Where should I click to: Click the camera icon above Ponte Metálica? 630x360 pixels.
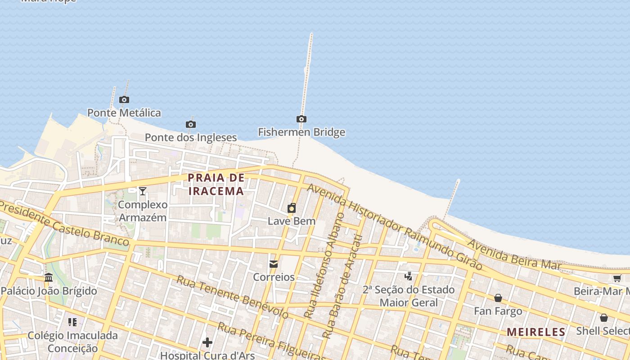click(x=124, y=100)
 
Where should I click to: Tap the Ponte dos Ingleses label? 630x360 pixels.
click(x=191, y=137)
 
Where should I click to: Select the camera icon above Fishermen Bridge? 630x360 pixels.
click(x=301, y=119)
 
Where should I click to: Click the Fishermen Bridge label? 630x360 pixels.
click(x=301, y=132)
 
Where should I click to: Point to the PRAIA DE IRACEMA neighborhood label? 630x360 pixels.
click(x=216, y=184)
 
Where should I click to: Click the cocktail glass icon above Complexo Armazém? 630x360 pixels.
click(x=143, y=191)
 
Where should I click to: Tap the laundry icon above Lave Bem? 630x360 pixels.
click(x=292, y=208)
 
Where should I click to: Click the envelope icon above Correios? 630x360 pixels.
click(x=274, y=264)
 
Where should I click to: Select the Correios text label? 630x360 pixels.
click(x=274, y=277)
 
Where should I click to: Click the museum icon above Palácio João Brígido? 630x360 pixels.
click(x=49, y=277)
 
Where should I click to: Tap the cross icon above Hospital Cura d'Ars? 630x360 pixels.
click(x=207, y=343)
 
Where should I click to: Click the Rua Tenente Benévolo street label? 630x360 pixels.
click(x=232, y=297)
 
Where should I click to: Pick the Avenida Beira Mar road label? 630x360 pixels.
click(x=514, y=255)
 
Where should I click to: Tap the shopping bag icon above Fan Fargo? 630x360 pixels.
click(x=498, y=298)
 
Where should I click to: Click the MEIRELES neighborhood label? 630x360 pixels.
click(x=536, y=332)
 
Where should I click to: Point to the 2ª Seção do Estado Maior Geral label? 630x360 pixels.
click(x=409, y=296)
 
